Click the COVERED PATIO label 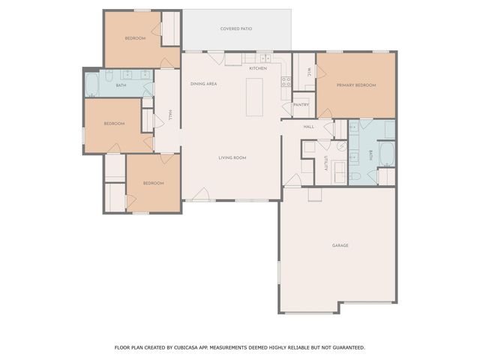click(235, 29)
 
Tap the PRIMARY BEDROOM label click(355, 85)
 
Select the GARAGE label click(340, 245)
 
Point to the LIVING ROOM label click(232, 157)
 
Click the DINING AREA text click(203, 84)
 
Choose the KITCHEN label click(258, 69)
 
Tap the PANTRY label click(301, 105)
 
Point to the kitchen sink click(265, 58)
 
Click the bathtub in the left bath click(92, 85)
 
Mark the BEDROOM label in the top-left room click(135, 38)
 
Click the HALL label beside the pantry click(308, 127)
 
